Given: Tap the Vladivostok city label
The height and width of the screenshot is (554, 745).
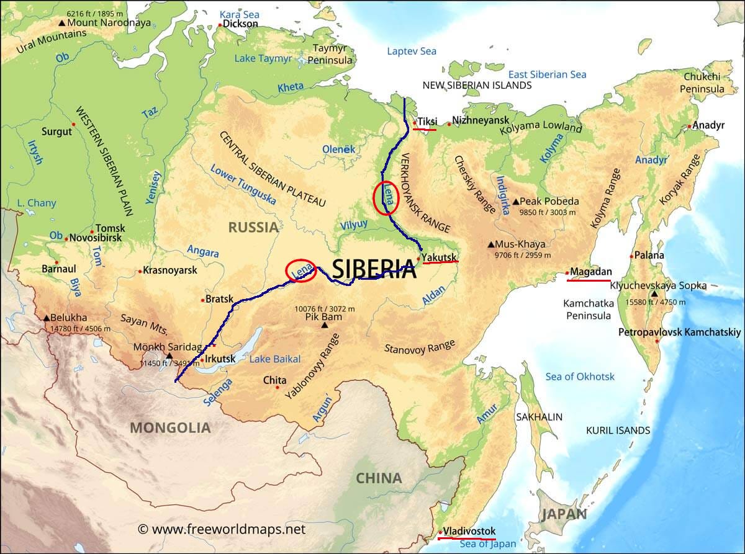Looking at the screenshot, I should [469, 531].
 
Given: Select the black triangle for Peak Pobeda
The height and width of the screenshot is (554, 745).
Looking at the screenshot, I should [515, 202].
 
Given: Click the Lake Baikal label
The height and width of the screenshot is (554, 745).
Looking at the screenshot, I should [274, 359].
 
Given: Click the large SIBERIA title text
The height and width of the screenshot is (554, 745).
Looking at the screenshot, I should [374, 269].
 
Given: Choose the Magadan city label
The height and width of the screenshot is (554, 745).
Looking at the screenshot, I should [591, 272].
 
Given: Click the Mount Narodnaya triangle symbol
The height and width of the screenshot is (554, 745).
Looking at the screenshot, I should [61, 23].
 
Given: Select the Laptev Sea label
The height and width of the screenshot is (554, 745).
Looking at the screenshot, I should [412, 51].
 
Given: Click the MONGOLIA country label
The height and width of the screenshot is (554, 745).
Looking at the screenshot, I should [169, 427].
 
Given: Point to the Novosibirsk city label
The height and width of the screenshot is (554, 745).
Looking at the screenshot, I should [94, 238].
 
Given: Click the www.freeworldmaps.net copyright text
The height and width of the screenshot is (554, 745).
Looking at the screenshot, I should [222, 529].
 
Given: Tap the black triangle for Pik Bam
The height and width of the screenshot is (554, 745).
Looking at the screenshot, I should [324, 324].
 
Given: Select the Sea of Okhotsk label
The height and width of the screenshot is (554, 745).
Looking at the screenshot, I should [580, 377].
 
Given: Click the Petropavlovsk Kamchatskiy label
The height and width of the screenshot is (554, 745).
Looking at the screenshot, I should [680, 333].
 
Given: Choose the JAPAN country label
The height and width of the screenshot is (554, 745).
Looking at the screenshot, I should [564, 514].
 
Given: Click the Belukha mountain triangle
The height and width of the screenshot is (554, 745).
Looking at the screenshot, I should [47, 318].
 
